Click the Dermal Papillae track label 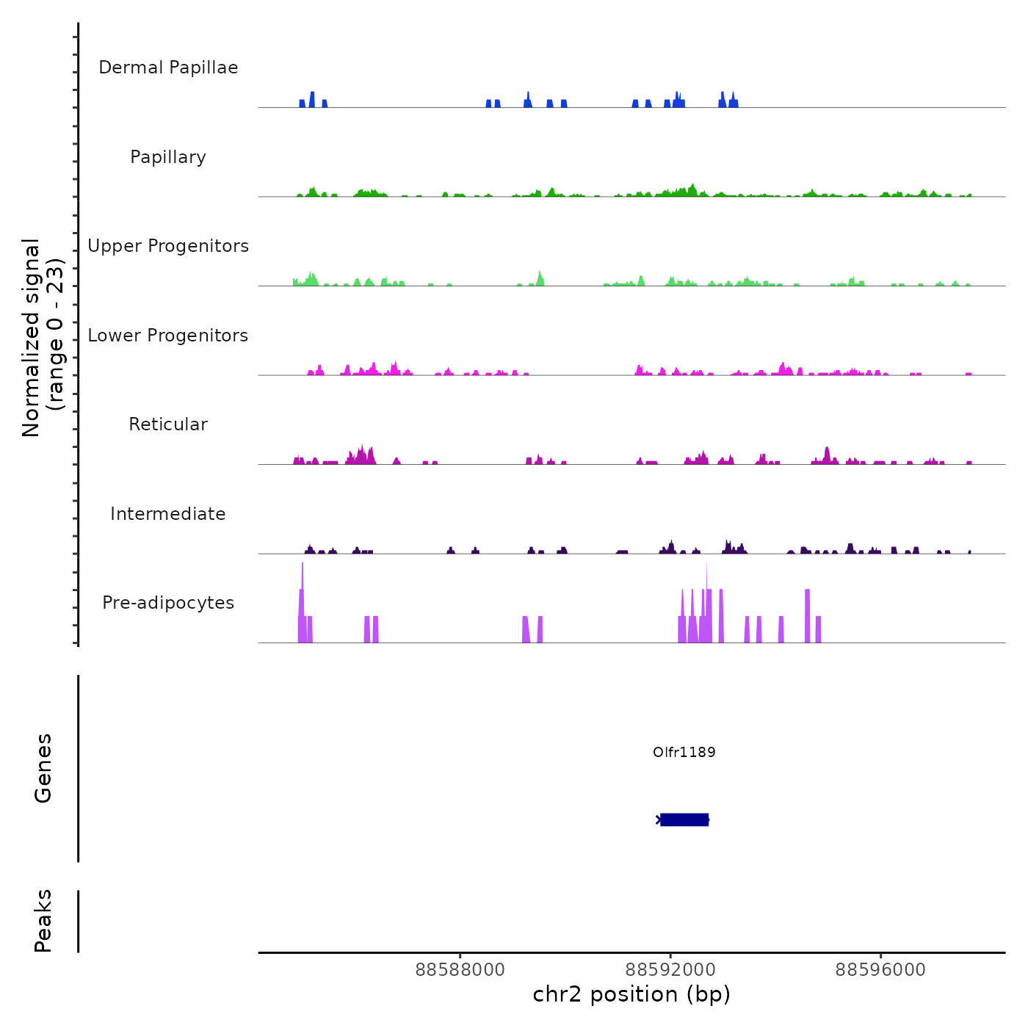click(x=168, y=68)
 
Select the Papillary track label click(x=168, y=157)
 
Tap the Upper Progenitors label click(x=168, y=246)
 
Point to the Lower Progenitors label click(x=168, y=336)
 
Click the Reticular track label click(x=168, y=424)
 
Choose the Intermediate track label click(x=168, y=514)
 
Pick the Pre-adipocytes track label click(x=168, y=603)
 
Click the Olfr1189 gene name click(x=684, y=752)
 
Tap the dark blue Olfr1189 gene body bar click(x=684, y=819)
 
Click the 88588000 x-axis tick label click(x=460, y=970)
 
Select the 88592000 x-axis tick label click(x=670, y=970)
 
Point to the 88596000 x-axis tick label click(x=880, y=970)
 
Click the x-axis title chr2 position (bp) click(x=631, y=994)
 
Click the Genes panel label click(x=43, y=768)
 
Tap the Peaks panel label click(x=43, y=921)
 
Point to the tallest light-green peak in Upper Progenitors click(x=540, y=278)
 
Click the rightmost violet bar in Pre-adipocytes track click(x=819, y=629)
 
